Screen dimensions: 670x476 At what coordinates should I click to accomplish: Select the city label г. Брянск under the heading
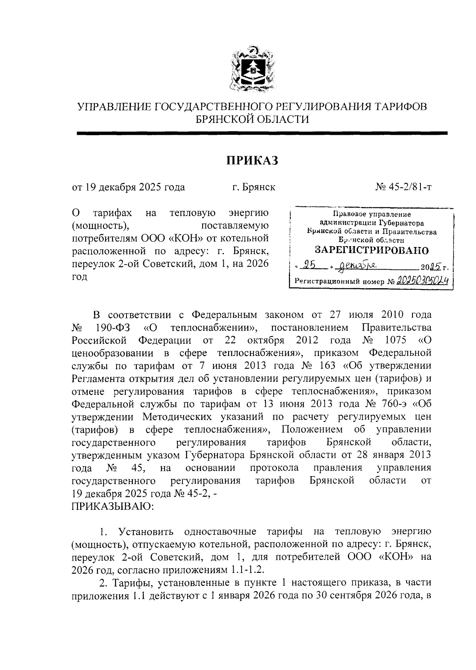click(x=254, y=187)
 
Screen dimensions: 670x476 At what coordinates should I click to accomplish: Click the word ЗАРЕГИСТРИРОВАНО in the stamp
click(x=372, y=250)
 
